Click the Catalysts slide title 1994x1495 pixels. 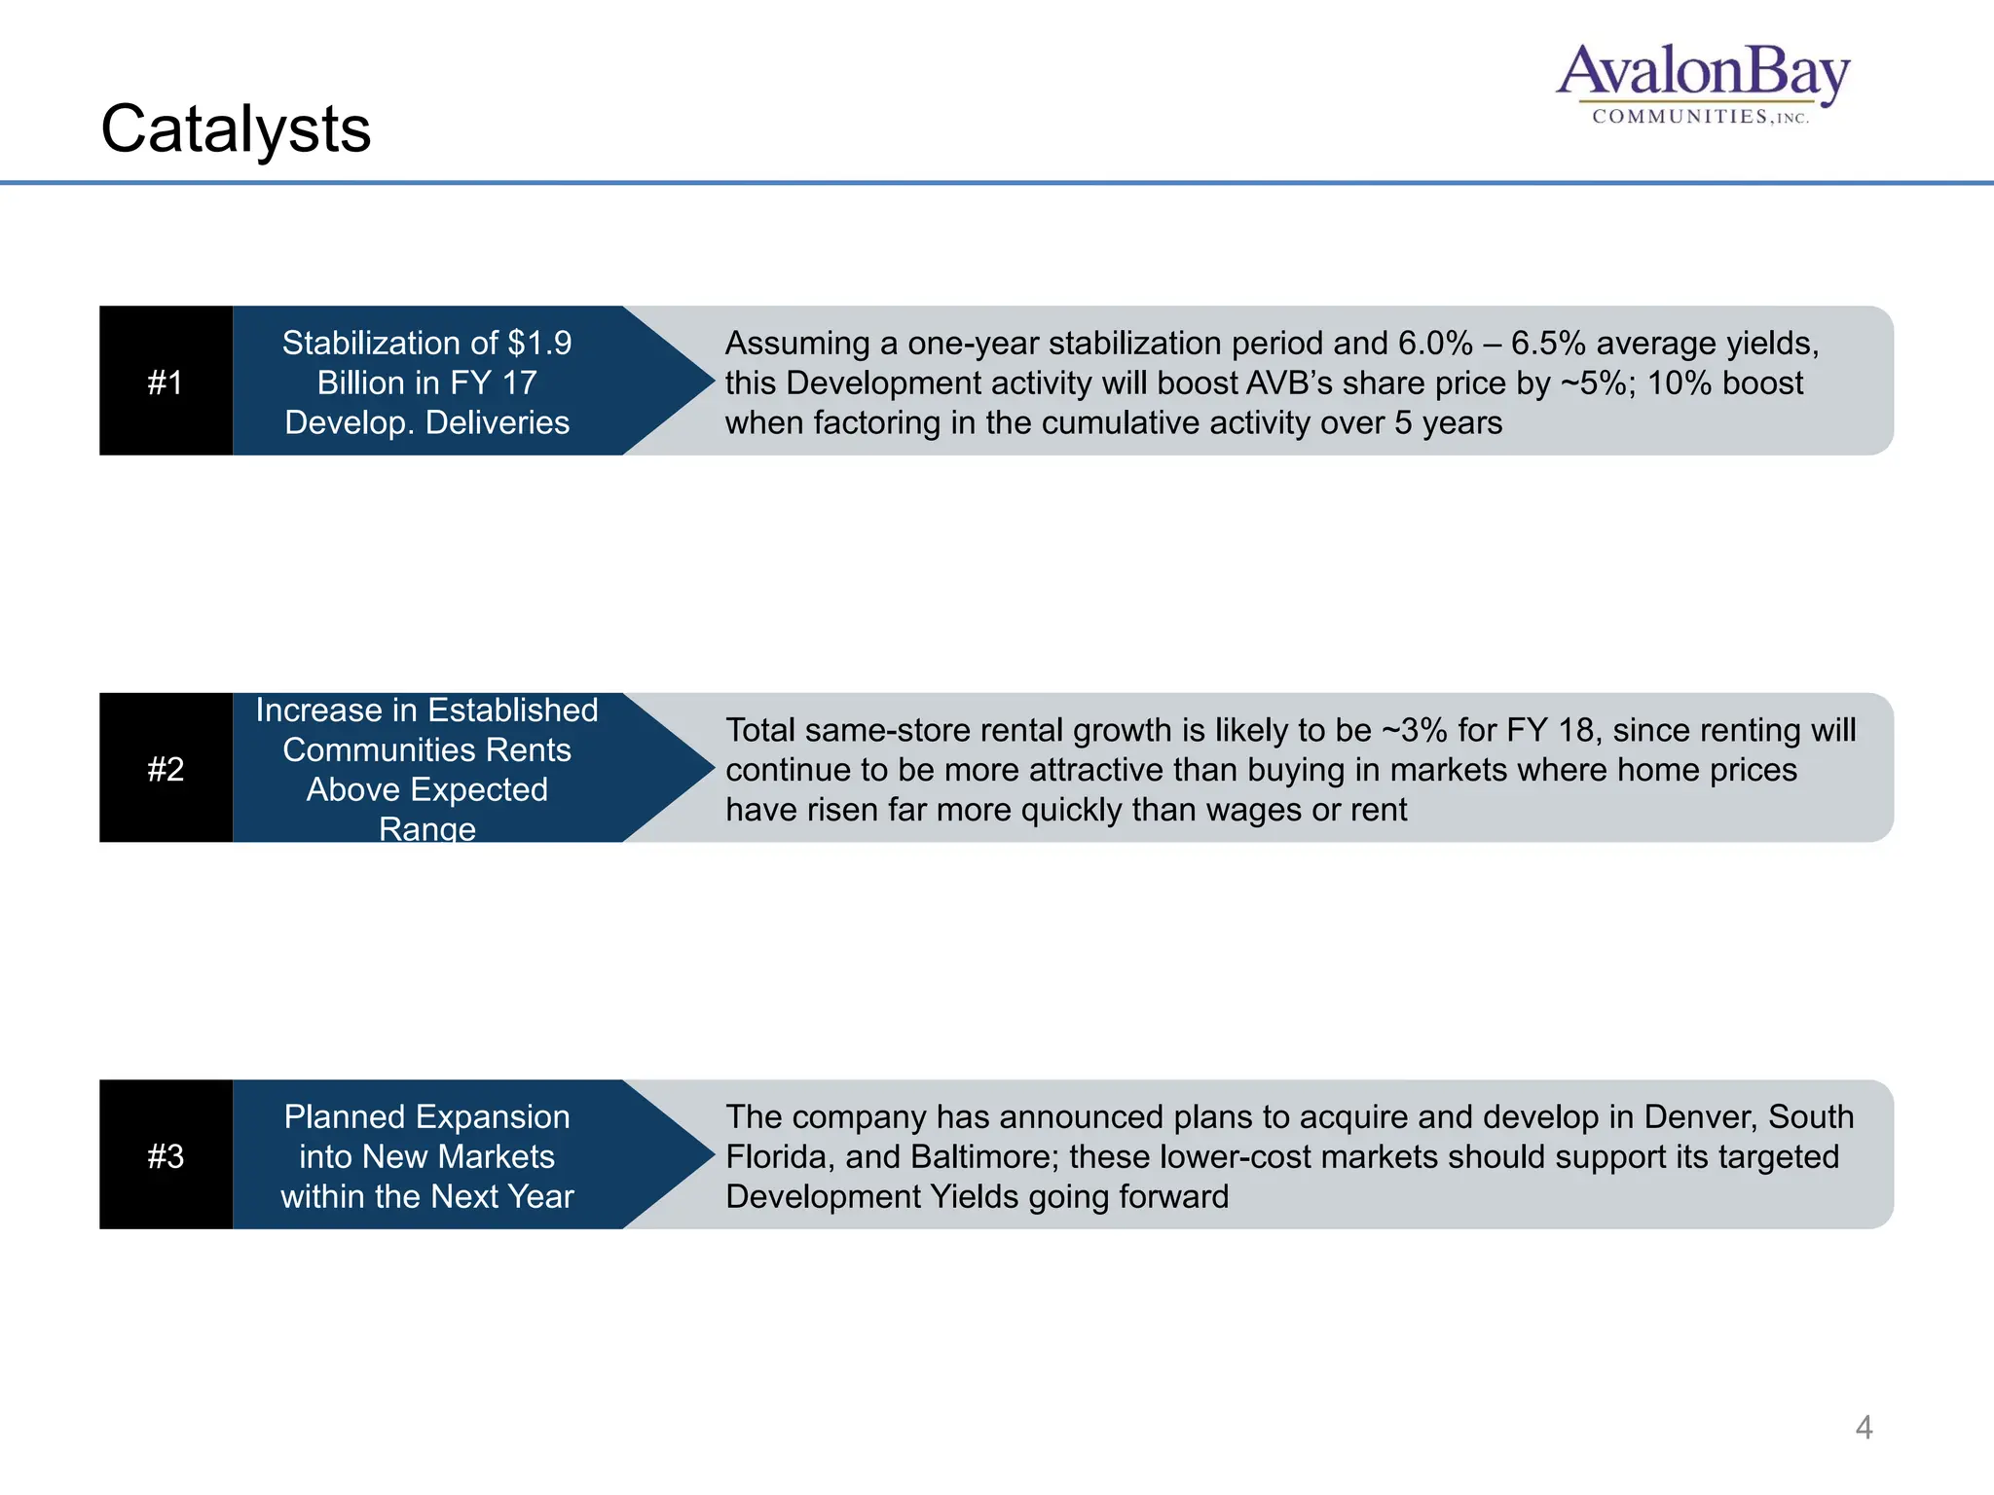(236, 128)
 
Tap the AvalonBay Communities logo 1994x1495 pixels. (1702, 84)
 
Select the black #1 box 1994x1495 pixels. (166, 382)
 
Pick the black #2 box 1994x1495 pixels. (166, 769)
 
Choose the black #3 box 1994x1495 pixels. (166, 1155)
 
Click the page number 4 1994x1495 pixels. (1864, 1428)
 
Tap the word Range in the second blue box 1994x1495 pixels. (426, 829)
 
